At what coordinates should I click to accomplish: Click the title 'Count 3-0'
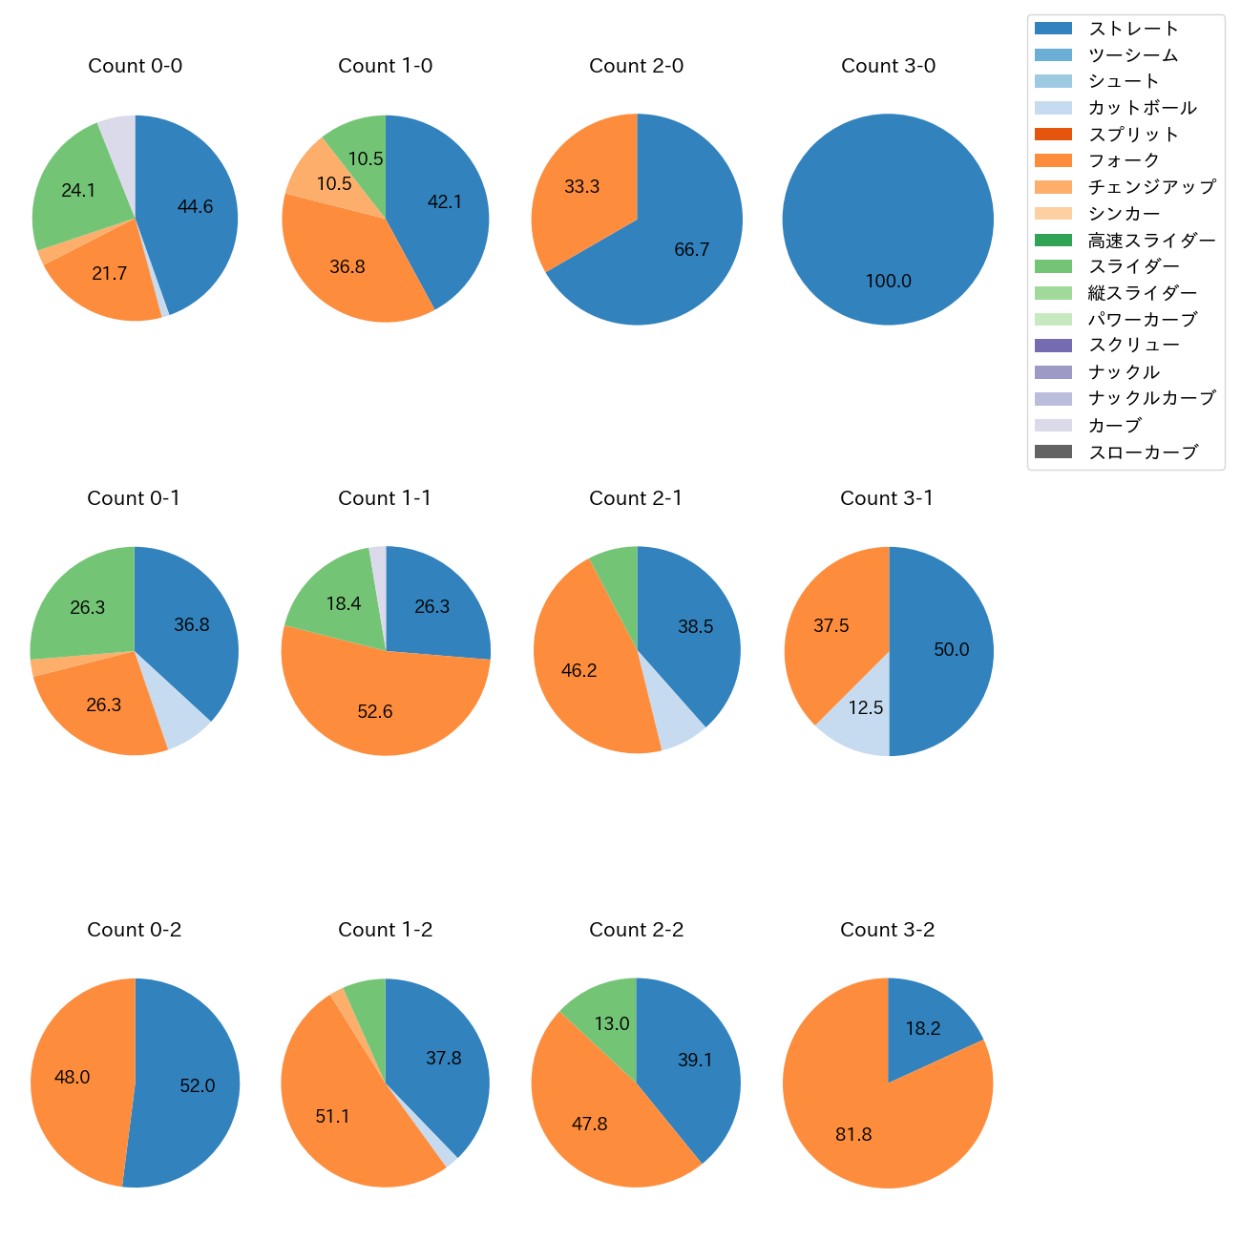pos(888,66)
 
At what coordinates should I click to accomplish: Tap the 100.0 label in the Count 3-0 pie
pos(888,282)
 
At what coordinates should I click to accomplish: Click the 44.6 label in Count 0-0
pos(195,207)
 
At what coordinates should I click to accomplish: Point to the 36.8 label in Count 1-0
pos(347,267)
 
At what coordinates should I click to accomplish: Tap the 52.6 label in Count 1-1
pos(374,712)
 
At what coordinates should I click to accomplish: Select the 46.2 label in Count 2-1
pos(578,671)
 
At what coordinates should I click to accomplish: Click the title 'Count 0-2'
pos(135,930)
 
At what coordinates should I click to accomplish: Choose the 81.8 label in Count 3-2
pos(853,1135)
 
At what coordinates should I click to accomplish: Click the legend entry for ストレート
pos(1133,29)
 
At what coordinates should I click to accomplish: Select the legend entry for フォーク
pos(1124,160)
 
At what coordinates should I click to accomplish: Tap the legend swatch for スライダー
pos(1053,266)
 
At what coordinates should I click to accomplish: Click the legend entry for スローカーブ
pos(1143,452)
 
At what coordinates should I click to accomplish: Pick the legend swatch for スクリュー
pos(1053,346)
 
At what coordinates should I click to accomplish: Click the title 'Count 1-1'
pos(385,498)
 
